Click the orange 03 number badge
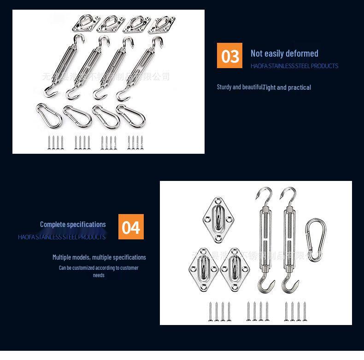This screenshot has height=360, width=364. (229, 56)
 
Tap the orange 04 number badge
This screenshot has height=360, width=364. (131, 227)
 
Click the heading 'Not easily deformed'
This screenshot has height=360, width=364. (284, 53)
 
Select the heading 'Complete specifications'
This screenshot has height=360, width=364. (73, 225)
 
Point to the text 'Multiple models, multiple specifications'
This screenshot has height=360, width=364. (99, 257)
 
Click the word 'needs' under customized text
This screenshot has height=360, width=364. (99, 275)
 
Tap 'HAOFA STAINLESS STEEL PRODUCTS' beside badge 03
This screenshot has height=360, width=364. (294, 66)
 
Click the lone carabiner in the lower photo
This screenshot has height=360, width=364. (315, 239)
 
